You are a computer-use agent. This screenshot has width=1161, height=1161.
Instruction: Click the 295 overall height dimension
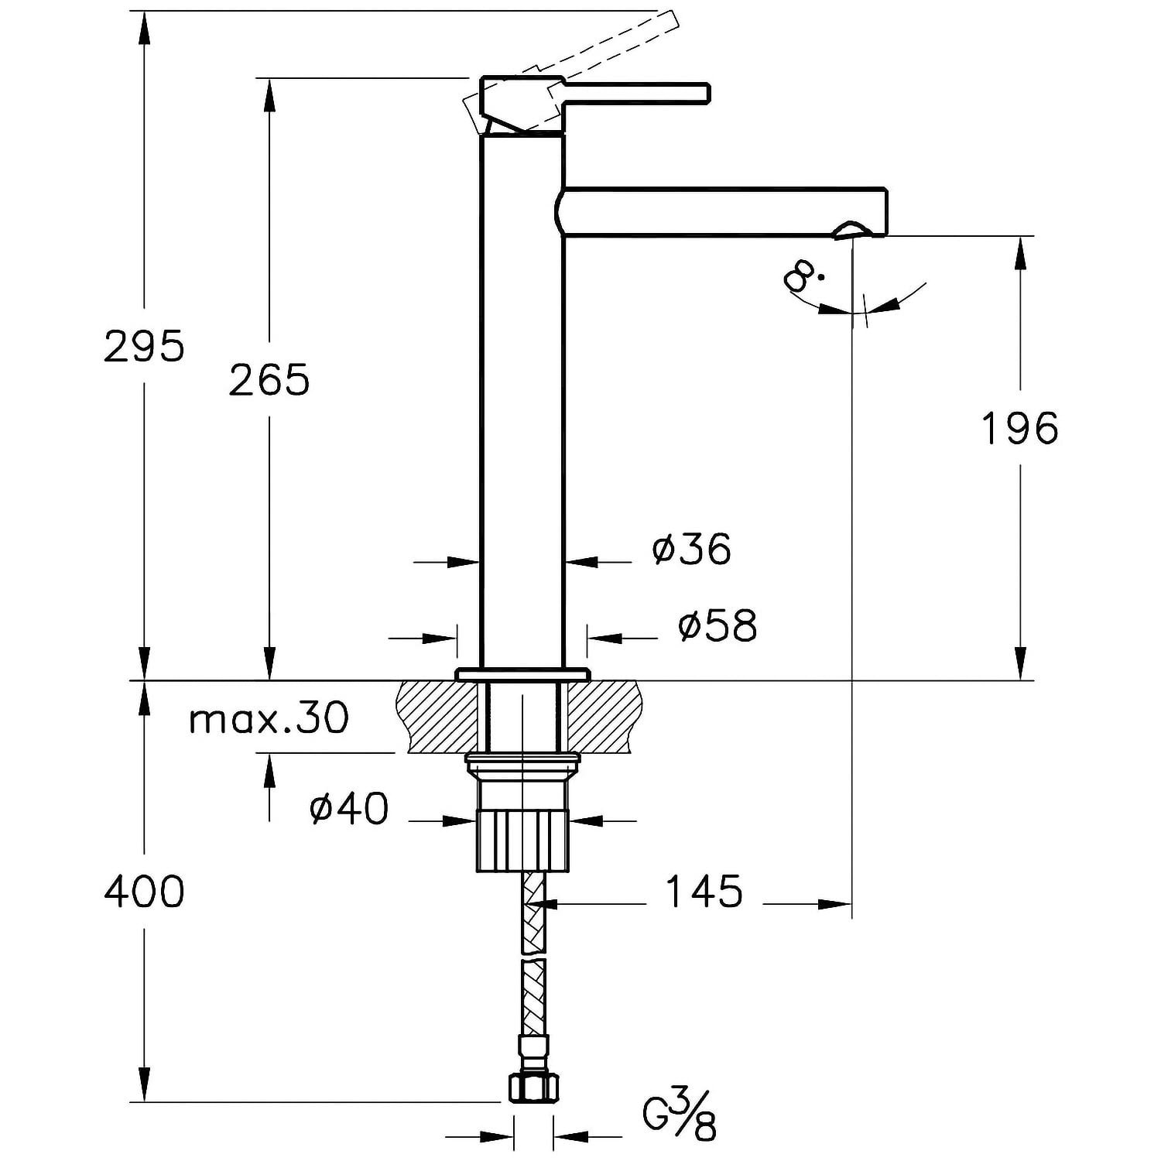pyautogui.click(x=145, y=346)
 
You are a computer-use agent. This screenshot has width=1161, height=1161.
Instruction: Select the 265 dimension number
pyautogui.click(x=269, y=380)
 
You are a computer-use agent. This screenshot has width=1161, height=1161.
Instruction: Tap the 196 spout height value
pyautogui.click(x=1019, y=428)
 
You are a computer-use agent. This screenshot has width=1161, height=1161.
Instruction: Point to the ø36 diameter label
pyautogui.click(x=691, y=549)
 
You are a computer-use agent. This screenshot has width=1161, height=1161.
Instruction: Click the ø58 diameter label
pyautogui.click(x=717, y=625)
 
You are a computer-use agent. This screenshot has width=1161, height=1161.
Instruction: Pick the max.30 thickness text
pyautogui.click(x=269, y=718)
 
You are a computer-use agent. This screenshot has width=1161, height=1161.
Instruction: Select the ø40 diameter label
pyautogui.click(x=348, y=809)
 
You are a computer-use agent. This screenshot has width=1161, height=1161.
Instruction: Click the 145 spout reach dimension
pyautogui.click(x=704, y=891)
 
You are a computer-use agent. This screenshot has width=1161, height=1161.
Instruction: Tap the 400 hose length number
pyautogui.click(x=145, y=891)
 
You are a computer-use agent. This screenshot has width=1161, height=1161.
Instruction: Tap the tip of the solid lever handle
pyautogui.click(x=707, y=93)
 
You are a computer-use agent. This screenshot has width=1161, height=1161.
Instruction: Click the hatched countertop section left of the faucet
pyautogui.click(x=438, y=717)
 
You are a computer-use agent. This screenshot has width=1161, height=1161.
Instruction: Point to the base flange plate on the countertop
pyautogui.click(x=522, y=674)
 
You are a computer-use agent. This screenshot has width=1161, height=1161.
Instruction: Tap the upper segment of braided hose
pyautogui.click(x=534, y=913)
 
